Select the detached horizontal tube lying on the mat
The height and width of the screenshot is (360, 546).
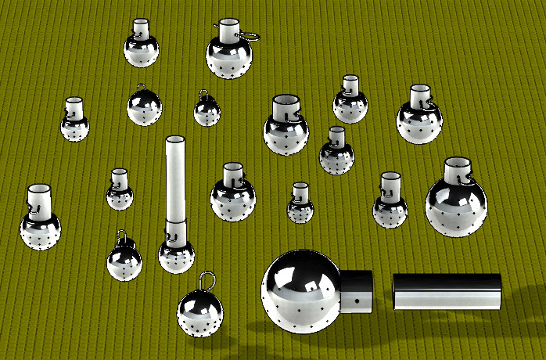[447, 291]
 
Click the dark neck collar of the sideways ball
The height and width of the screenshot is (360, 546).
[356, 291]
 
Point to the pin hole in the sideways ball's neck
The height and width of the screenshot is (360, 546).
[355, 300]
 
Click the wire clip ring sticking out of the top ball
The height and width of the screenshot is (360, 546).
[249, 35]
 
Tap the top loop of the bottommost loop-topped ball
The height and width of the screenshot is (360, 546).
[207, 279]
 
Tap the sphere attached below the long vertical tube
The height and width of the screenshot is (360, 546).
[176, 256]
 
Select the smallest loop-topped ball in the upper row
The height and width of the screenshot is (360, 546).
[207, 112]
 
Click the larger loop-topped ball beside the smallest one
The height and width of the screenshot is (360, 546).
[144, 107]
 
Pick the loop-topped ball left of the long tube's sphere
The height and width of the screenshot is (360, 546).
[124, 261]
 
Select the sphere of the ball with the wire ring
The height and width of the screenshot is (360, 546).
[229, 58]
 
